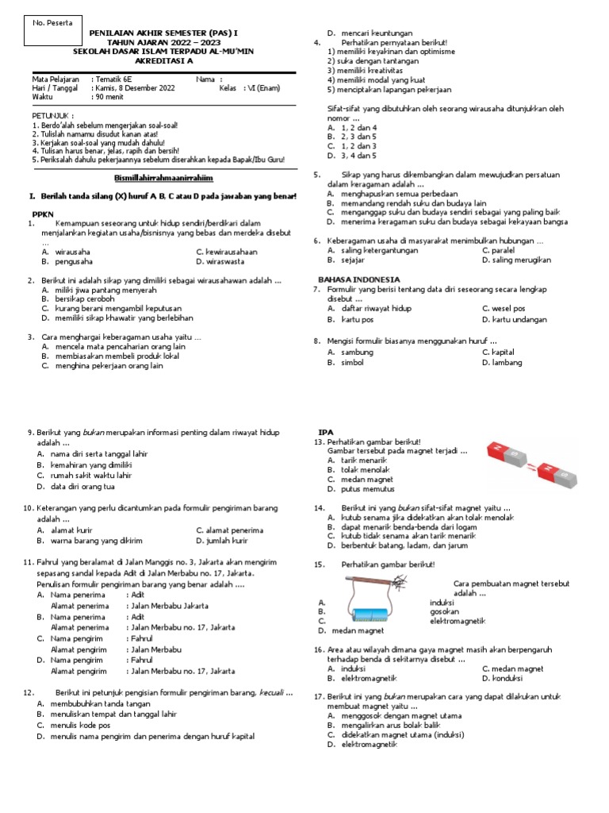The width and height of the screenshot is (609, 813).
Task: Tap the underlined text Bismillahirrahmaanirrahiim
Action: pyautogui.click(x=164, y=177)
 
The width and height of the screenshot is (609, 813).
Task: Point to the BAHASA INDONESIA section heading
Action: pyautogui.click(x=359, y=279)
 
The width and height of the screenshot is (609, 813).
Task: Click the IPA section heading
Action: pyautogui.click(x=325, y=432)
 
